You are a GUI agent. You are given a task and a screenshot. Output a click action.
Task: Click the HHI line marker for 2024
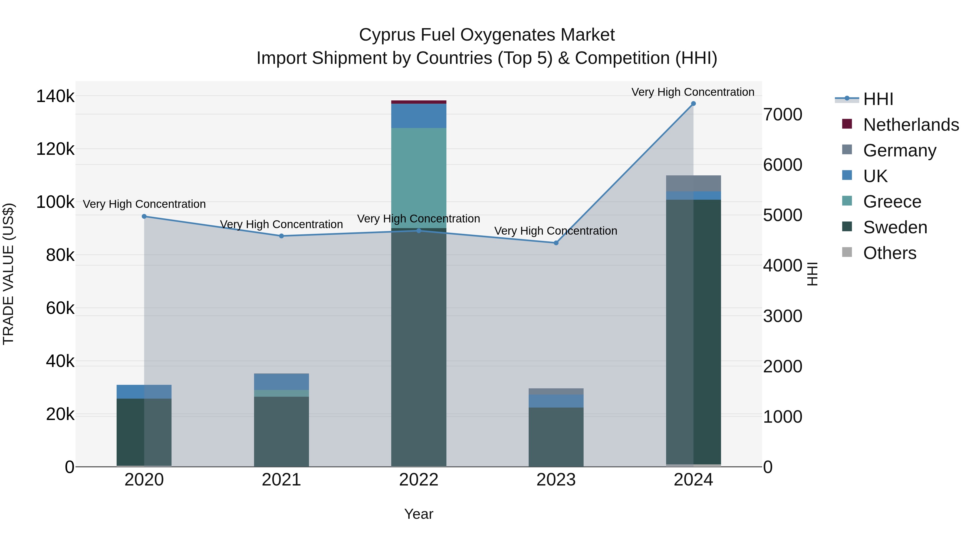693,104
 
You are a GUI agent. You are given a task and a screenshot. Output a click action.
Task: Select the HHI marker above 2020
144,216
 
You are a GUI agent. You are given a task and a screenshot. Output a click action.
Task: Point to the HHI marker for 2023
556,243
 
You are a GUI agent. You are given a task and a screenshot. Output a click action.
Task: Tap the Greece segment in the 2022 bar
419,178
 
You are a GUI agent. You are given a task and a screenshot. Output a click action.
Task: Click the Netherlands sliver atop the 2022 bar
419,102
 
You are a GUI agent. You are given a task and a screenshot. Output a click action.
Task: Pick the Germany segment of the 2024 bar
693,183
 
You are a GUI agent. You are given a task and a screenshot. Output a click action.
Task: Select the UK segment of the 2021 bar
281,382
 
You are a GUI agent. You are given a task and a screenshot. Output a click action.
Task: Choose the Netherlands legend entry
910,125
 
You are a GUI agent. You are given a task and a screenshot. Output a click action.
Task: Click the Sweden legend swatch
847,227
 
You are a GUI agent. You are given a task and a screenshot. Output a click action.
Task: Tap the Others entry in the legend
889,253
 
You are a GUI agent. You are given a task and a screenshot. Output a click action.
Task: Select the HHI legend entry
878,99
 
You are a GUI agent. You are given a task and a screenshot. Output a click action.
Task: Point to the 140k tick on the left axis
55,96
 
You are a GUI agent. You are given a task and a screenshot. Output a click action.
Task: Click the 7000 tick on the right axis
782,114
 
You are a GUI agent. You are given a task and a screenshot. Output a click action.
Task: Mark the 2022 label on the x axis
419,480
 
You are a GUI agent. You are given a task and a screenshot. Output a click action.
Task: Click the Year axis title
419,514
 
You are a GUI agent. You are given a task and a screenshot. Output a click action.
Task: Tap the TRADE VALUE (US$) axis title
8,274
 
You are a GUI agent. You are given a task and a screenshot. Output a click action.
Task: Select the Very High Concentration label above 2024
693,92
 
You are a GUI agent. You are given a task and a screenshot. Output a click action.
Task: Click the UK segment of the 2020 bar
144,391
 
